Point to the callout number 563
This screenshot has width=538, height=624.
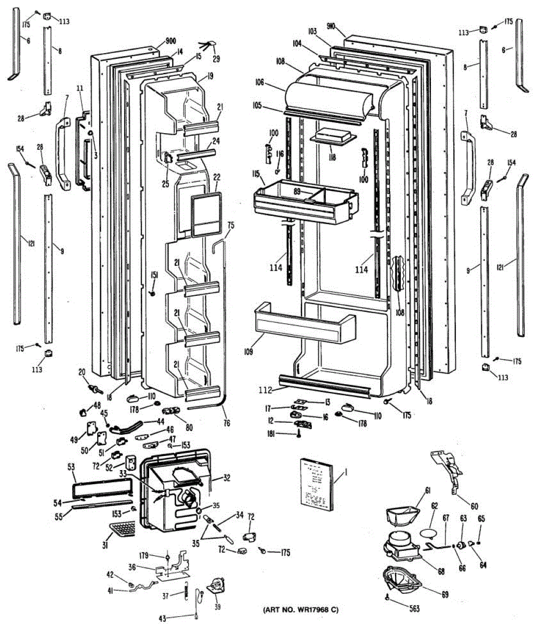[x=413, y=609]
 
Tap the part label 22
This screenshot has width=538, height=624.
[x=217, y=177]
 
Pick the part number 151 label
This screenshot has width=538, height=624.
[x=154, y=275]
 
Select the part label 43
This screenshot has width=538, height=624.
[x=162, y=618]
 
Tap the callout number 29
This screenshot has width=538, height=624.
[x=216, y=59]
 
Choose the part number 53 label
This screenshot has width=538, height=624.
[x=71, y=467]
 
